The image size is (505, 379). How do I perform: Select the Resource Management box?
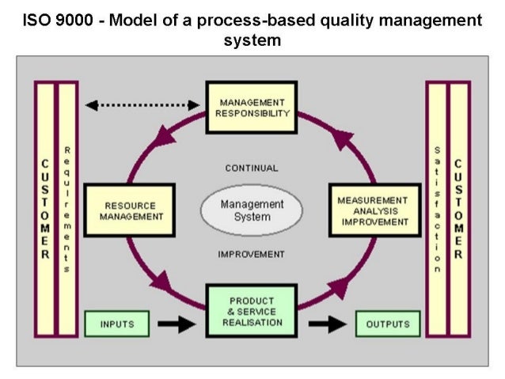[128, 211]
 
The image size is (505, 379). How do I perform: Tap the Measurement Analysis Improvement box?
[374, 211]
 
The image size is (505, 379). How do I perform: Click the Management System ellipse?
[252, 210]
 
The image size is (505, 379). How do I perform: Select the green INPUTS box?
[117, 324]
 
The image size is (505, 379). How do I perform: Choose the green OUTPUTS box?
[387, 324]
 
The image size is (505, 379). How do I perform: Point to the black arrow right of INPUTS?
[176, 324]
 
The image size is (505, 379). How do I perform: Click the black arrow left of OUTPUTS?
[327, 324]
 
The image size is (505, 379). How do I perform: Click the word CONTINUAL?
[252, 169]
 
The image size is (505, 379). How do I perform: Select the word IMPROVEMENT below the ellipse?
[252, 255]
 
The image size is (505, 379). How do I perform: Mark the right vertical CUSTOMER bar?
[459, 210]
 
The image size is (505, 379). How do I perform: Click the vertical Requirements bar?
[67, 210]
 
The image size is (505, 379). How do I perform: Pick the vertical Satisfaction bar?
[437, 210]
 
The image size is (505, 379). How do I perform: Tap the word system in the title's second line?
[253, 39]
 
